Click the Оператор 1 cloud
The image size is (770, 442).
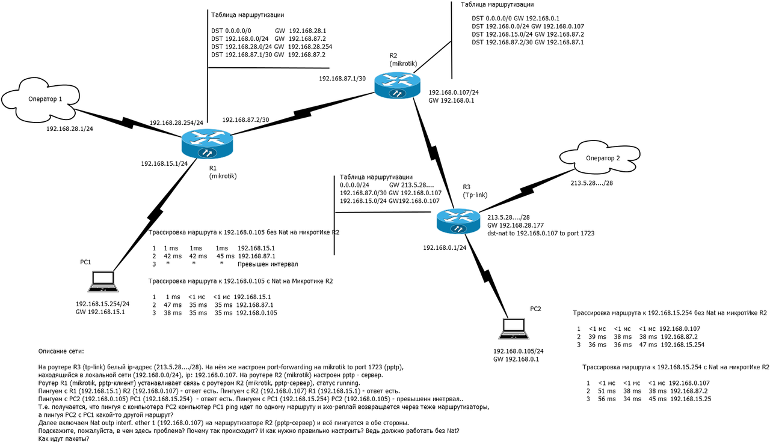pos(40,100)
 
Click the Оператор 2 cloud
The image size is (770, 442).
pos(600,157)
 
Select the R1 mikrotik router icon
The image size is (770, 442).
pos(208,144)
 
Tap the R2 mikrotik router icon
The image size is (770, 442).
pos(398,85)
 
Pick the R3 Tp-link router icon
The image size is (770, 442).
pos(458,222)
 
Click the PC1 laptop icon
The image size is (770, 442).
pos(103,282)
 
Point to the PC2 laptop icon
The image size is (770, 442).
pos(514,328)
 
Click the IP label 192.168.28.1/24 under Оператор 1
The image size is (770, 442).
pos(70,129)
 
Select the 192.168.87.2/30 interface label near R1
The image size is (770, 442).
pos(245,120)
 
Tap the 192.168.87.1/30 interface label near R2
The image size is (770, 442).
pos(342,79)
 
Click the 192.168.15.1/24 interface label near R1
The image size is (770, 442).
pos(164,164)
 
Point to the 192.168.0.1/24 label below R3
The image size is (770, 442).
pos(445,248)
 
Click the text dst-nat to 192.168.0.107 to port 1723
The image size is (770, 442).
pos(541,234)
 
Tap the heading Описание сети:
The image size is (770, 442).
pos(61,351)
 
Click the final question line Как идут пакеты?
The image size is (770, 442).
pos(64,439)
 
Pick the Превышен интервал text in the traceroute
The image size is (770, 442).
pos(268,264)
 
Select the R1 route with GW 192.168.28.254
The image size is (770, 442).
pos(271,47)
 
